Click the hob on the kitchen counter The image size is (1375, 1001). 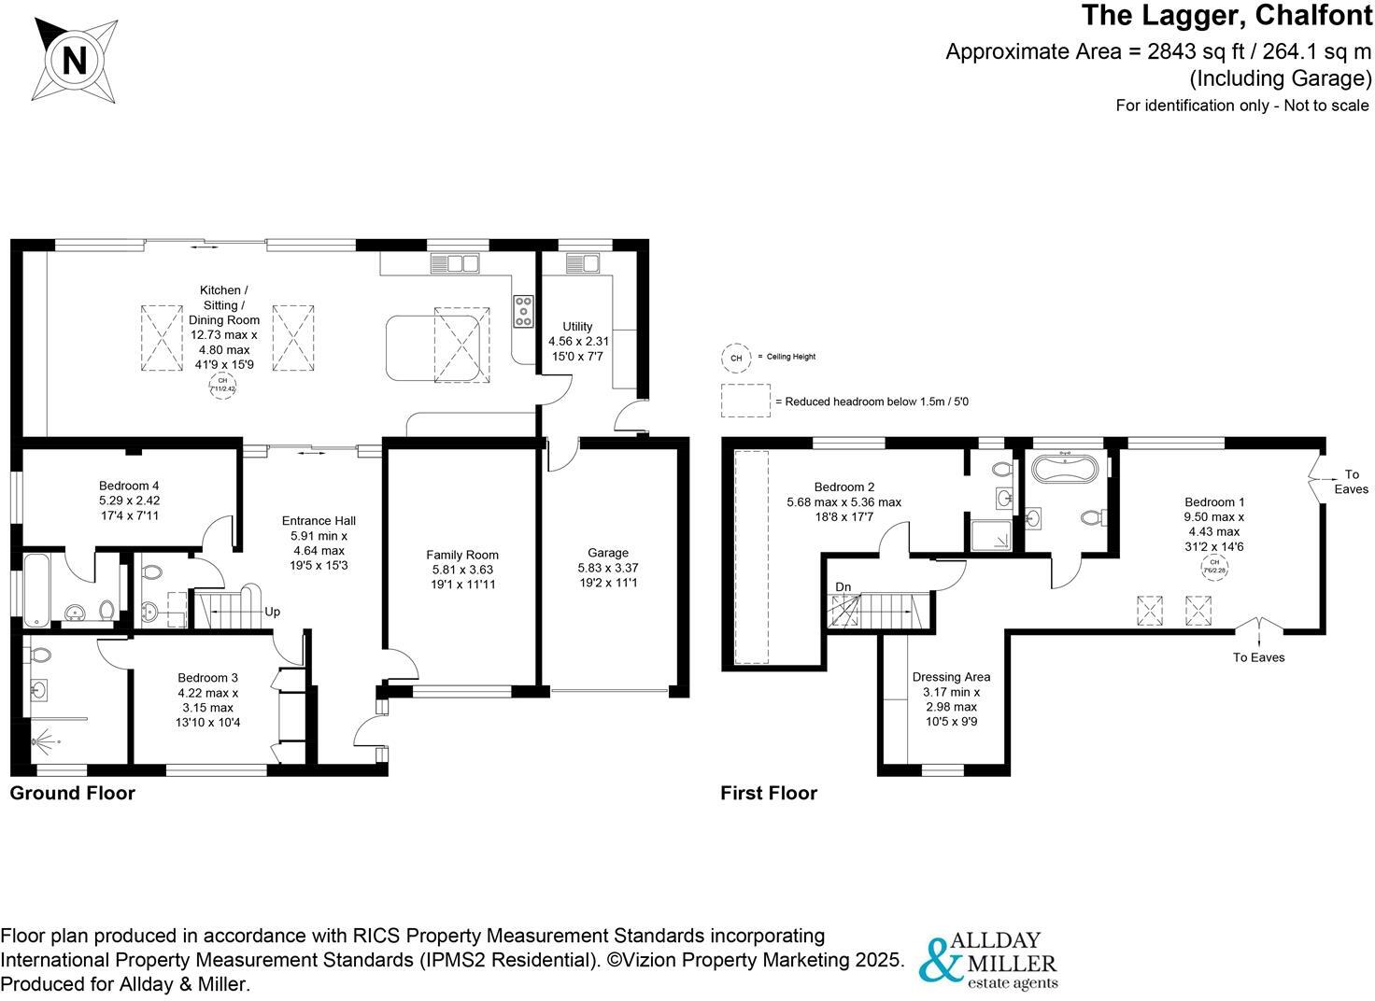[x=522, y=311]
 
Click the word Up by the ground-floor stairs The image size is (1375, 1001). [x=273, y=613]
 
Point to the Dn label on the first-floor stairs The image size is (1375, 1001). [x=843, y=587]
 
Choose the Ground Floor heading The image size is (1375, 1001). [x=72, y=793]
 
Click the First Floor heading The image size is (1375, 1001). [x=769, y=793]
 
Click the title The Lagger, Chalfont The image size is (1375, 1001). [x=1226, y=16]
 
